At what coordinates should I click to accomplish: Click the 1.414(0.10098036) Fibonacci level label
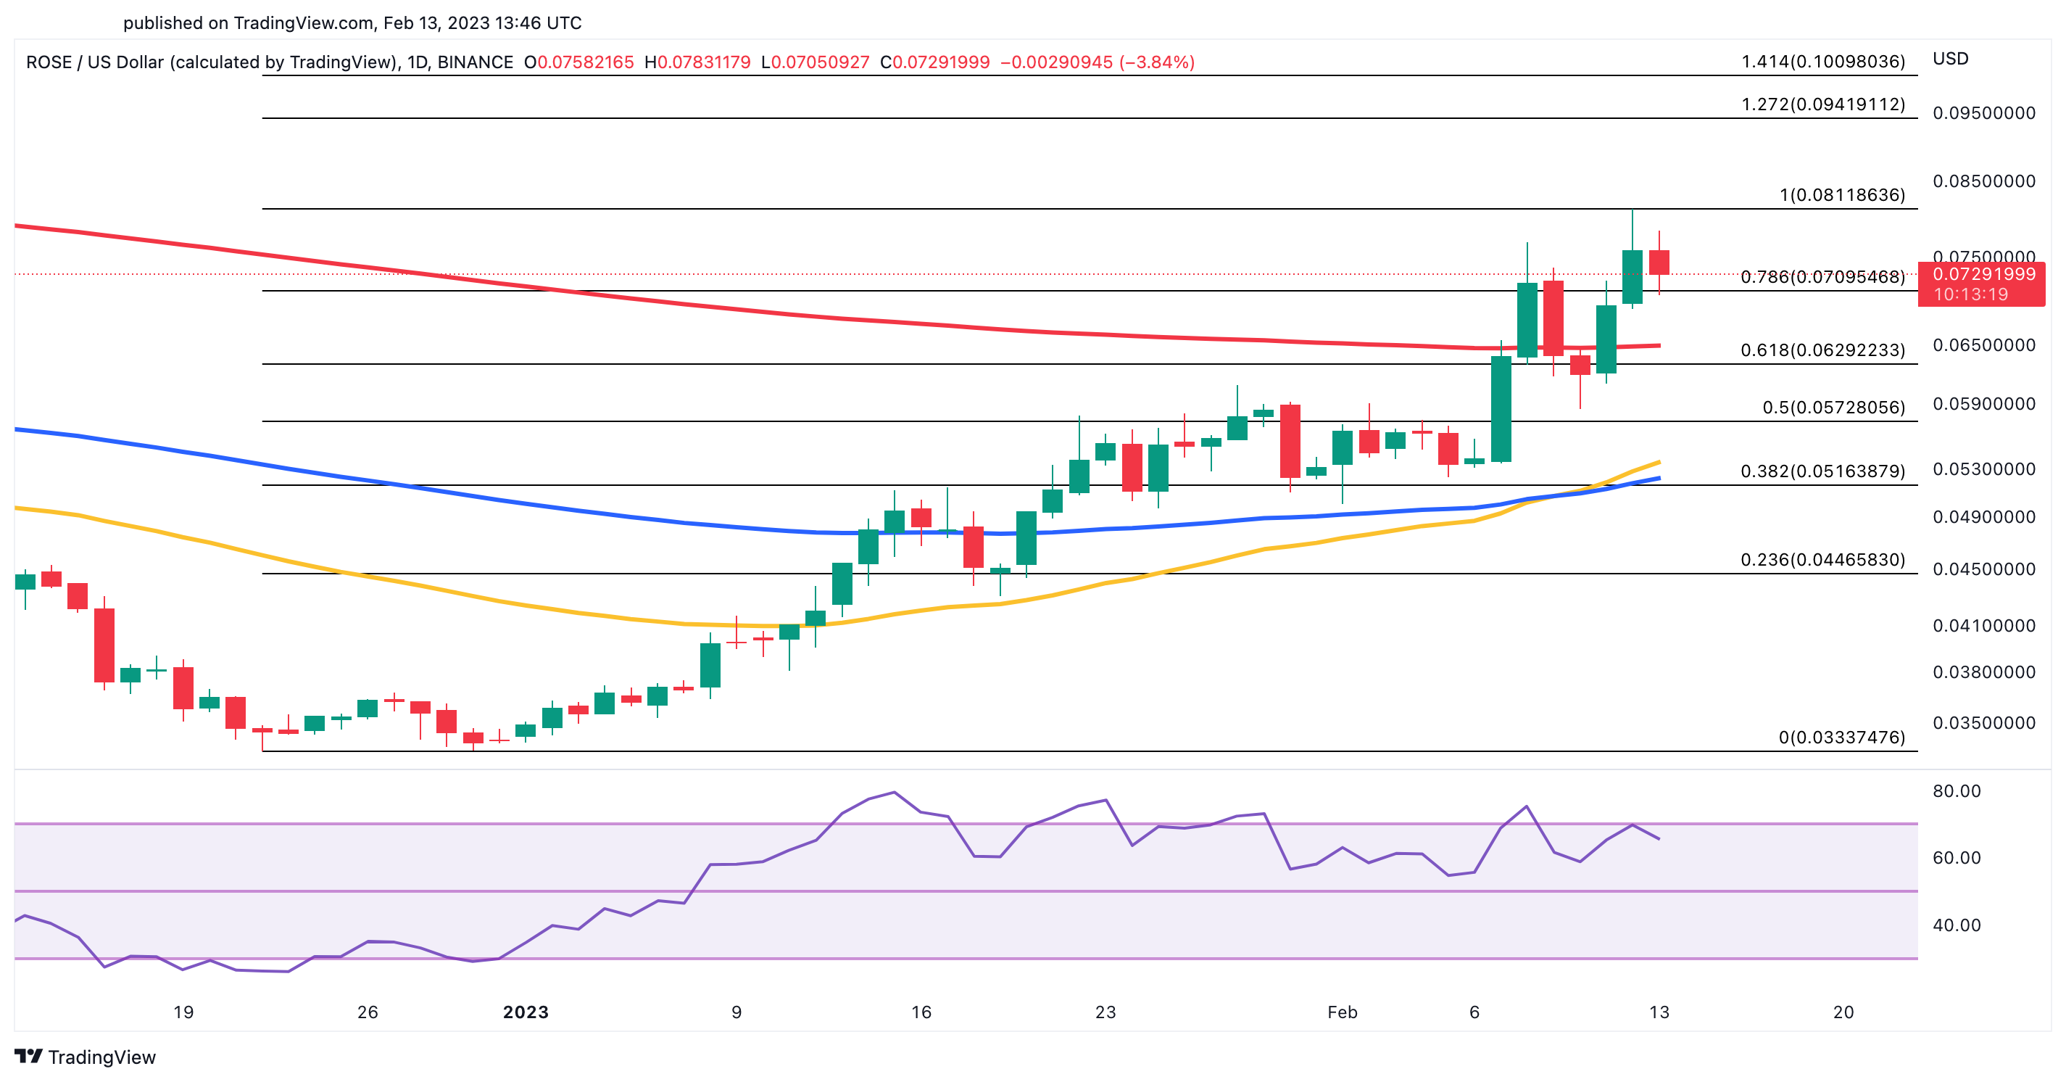pyautogui.click(x=1822, y=62)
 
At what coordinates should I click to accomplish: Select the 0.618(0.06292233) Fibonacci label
pyautogui.click(x=1822, y=350)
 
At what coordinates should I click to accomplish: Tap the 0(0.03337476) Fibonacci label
pyautogui.click(x=1841, y=737)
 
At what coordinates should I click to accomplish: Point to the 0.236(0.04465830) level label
pyautogui.click(x=1822, y=560)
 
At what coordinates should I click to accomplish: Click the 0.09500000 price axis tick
pyautogui.click(x=1983, y=113)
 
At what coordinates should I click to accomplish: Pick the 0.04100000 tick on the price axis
pyautogui.click(x=1983, y=626)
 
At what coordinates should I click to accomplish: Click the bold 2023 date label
pyautogui.click(x=526, y=1012)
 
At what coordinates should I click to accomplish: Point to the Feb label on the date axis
pyautogui.click(x=1342, y=1012)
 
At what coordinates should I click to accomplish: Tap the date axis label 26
pyautogui.click(x=368, y=1012)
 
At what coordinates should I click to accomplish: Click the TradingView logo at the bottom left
pyautogui.click(x=85, y=1057)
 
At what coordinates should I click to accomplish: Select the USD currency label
pyautogui.click(x=1951, y=59)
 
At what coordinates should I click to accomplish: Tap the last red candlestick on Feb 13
pyautogui.click(x=1659, y=263)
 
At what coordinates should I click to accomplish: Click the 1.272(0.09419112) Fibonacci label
pyautogui.click(x=1822, y=104)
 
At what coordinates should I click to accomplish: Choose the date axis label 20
pyautogui.click(x=1843, y=1012)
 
